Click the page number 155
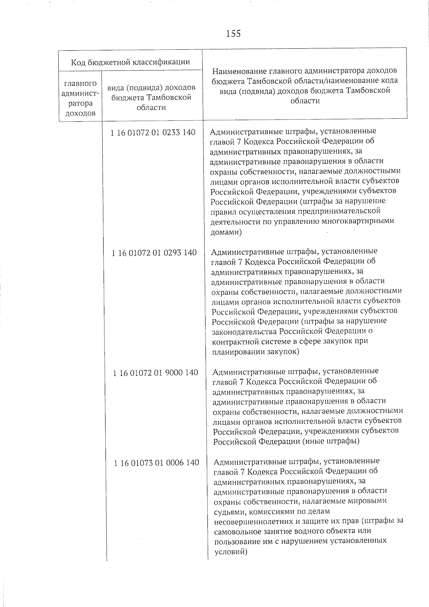click(x=233, y=34)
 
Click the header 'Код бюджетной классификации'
click(x=130, y=62)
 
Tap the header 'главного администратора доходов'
click(x=80, y=98)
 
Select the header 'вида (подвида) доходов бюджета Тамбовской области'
click(x=152, y=98)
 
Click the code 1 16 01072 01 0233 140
click(x=153, y=133)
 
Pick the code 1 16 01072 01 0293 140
click(x=154, y=253)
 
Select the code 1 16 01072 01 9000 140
click(x=156, y=373)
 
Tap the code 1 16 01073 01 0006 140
click(x=157, y=463)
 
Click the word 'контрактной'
click(x=233, y=341)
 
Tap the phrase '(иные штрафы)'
click(x=331, y=441)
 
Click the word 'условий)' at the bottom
click(x=231, y=552)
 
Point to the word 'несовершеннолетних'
click(x=250, y=521)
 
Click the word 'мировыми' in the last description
click(x=371, y=501)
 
